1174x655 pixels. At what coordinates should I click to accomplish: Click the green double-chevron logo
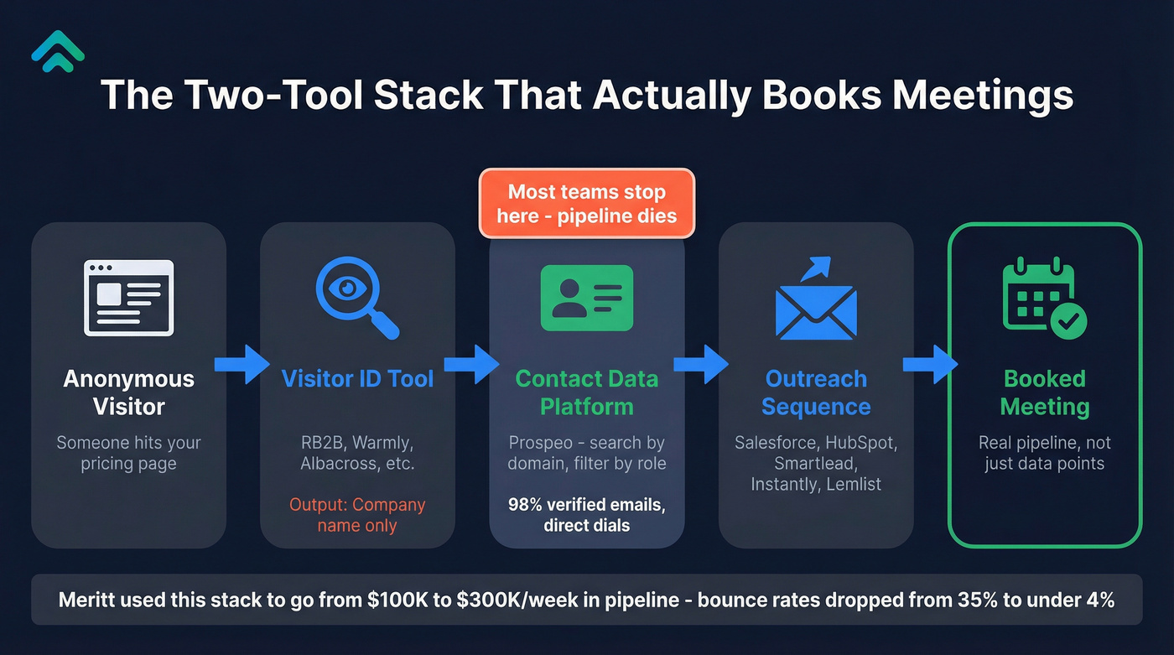point(58,48)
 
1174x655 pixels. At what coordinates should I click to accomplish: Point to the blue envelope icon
point(815,301)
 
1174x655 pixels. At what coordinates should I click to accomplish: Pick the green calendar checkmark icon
point(1044,298)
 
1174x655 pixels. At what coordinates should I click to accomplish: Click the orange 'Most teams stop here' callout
point(586,204)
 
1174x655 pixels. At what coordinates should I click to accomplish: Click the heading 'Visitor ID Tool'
point(357,378)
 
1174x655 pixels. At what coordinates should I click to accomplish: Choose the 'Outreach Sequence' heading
point(816,392)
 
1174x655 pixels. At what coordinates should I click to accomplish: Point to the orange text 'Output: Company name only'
point(357,515)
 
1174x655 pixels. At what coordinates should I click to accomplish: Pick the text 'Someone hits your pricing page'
point(128,453)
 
